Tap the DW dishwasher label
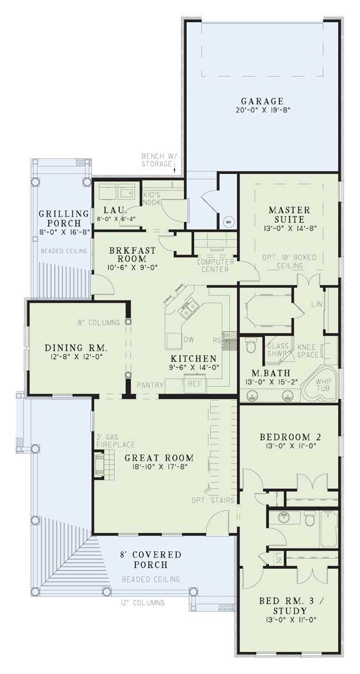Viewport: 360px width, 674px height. click(x=188, y=340)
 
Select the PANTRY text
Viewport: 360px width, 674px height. click(x=151, y=384)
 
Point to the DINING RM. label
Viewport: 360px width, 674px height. click(x=77, y=348)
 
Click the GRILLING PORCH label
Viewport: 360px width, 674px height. click(x=64, y=219)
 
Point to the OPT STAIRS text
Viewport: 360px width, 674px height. click(x=212, y=500)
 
